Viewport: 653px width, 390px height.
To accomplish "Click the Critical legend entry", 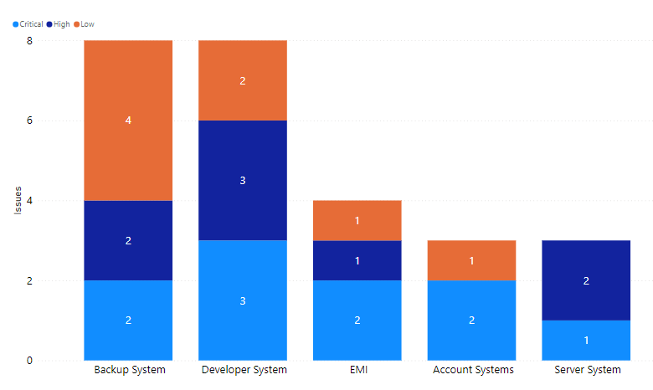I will (31, 24).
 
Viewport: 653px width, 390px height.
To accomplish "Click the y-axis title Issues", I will (18, 201).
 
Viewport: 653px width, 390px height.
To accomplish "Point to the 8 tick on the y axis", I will (29, 40).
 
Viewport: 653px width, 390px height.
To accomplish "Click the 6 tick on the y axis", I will (29, 121).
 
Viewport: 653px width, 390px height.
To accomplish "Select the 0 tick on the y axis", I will (29, 361).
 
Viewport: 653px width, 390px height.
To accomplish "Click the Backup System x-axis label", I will (129, 369).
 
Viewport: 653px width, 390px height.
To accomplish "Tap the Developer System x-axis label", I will (243, 369).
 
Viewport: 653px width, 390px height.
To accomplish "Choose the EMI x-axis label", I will (357, 369).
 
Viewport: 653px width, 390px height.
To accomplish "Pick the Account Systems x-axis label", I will (471, 369).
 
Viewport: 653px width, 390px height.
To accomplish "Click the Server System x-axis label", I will (586, 369).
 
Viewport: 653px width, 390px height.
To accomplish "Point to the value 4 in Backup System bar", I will (128, 121).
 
